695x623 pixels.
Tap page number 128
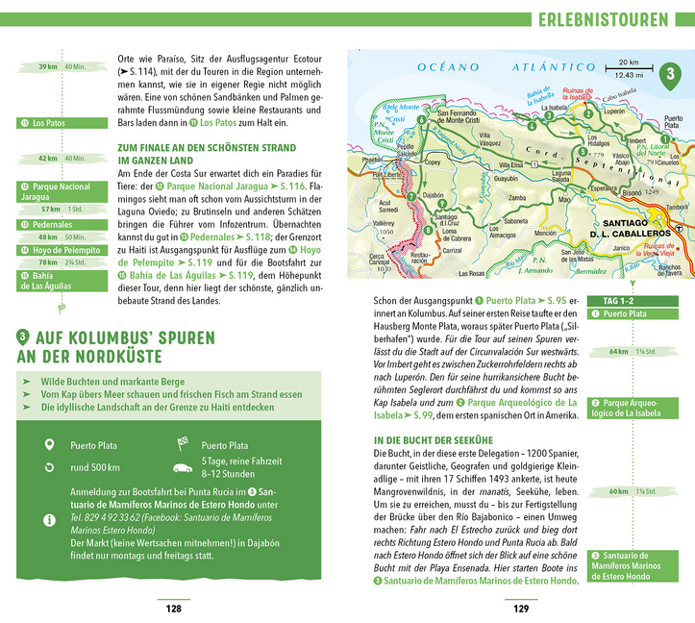click(174, 608)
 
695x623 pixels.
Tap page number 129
click(520, 608)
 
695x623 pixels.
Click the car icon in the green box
click(182, 468)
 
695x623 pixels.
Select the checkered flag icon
click(182, 444)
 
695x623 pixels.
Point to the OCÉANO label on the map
click(448, 66)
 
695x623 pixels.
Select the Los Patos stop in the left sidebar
click(50, 123)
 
